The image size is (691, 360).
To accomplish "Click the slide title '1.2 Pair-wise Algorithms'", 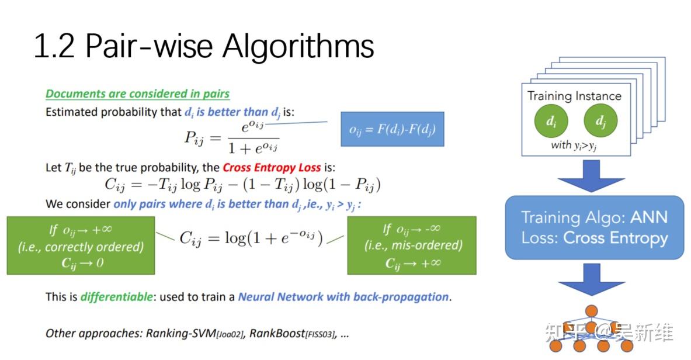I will point(203,47).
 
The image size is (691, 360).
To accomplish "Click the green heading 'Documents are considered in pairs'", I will point(137,94).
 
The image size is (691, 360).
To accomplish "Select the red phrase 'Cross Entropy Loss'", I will point(272,167).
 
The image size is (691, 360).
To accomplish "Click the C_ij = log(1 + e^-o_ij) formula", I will point(251,238).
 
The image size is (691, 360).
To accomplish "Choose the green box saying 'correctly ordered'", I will point(81,245).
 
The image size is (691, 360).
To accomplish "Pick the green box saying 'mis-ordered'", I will point(412,245).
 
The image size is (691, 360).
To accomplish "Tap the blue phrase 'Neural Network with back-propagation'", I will point(343,296).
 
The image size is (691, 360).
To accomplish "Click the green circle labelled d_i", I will point(551,121).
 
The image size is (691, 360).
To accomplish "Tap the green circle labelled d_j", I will point(600,121).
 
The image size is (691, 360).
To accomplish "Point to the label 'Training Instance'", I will point(574,96).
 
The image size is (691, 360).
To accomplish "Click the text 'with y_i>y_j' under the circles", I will point(574,145).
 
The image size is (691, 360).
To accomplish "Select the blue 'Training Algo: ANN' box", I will point(594,227).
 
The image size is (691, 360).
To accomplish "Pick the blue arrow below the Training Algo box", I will point(592,279).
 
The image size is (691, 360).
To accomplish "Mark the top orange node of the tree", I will point(592,310).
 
